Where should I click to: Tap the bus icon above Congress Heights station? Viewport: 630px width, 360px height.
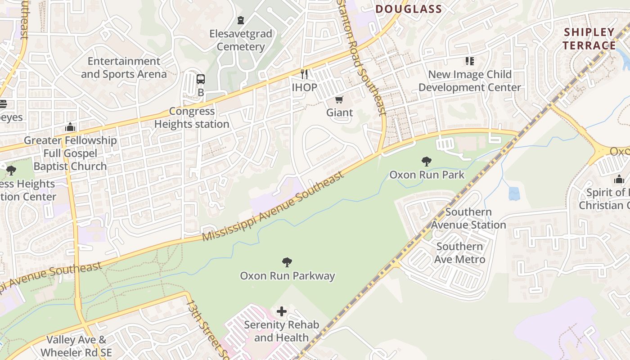click(x=201, y=79)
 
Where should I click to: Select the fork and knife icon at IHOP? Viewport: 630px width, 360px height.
click(x=305, y=74)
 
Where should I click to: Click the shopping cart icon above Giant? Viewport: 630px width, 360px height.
click(x=339, y=99)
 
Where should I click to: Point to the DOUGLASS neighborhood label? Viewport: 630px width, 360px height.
click(x=409, y=9)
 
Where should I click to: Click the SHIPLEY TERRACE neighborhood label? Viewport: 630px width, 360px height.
click(x=589, y=39)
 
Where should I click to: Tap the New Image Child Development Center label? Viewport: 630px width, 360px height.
click(x=470, y=81)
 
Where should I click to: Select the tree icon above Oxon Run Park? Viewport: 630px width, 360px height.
click(x=426, y=161)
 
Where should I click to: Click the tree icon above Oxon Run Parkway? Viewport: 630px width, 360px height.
click(x=287, y=262)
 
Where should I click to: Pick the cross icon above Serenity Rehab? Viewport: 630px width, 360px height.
click(x=282, y=311)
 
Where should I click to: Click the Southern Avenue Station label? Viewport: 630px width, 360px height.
click(x=469, y=218)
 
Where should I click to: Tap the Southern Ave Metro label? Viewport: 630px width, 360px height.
click(x=459, y=253)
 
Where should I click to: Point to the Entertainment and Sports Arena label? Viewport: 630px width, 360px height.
click(x=124, y=67)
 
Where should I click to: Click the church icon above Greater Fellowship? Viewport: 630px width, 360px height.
click(x=70, y=127)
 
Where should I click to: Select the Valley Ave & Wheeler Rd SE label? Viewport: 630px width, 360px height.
click(x=76, y=346)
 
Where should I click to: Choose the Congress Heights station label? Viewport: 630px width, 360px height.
click(x=192, y=117)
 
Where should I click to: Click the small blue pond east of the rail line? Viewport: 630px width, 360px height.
click(x=514, y=193)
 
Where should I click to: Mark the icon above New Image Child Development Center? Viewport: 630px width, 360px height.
click(x=470, y=61)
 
